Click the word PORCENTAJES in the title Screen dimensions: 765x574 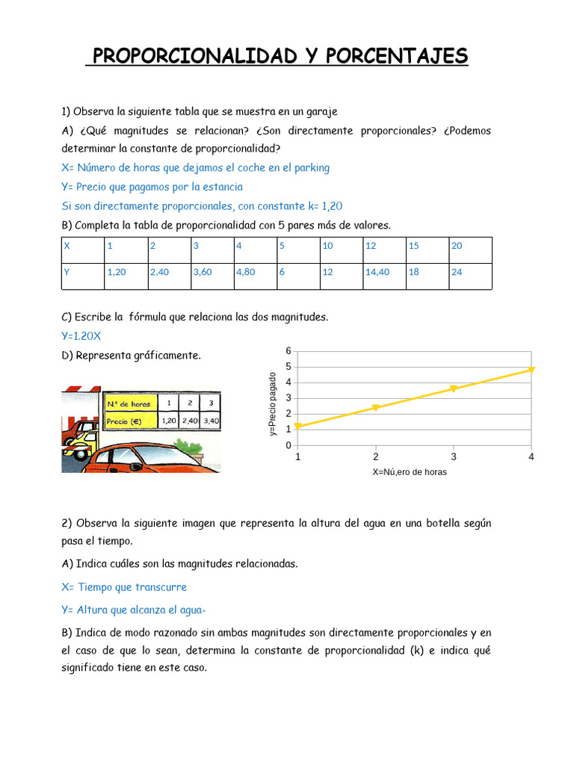point(396,55)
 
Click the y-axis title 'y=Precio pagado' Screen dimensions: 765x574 point(274,403)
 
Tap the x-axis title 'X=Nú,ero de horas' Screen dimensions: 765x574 point(410,472)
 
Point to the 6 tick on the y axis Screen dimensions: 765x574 point(288,351)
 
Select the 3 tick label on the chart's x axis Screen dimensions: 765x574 point(454,456)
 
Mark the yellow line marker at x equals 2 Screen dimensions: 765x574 point(376,407)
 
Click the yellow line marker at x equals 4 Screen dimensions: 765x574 point(531,369)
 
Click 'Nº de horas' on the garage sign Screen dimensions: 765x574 point(129,404)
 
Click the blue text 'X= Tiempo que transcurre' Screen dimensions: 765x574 point(124,587)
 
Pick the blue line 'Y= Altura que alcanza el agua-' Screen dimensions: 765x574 point(134,610)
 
